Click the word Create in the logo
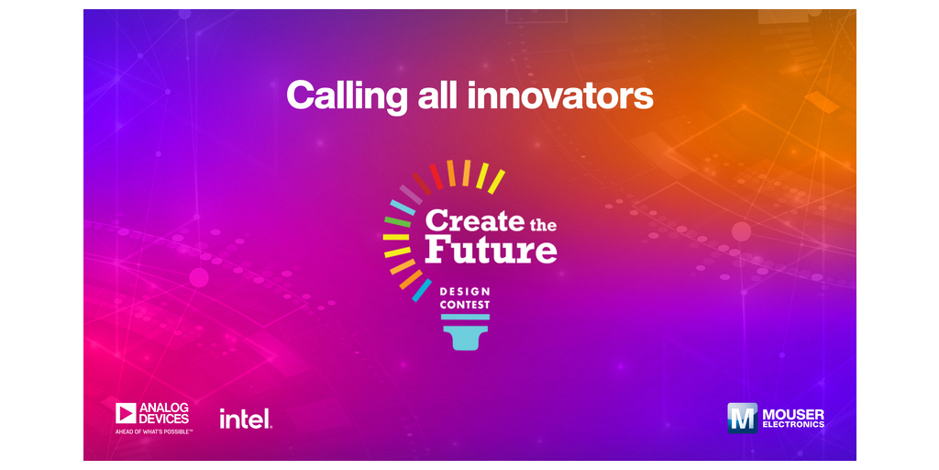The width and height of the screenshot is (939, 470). pyautogui.click(x=474, y=221)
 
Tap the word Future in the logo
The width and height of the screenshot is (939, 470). pyautogui.click(x=492, y=250)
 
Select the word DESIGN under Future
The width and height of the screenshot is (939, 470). pyautogui.click(x=465, y=292)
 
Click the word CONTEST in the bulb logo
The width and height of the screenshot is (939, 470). pyautogui.click(x=465, y=305)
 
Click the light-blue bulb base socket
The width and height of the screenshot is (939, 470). pyautogui.click(x=465, y=338)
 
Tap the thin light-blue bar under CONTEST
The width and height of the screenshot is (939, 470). pyautogui.click(x=465, y=317)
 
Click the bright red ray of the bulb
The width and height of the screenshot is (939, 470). pyautogui.click(x=436, y=177)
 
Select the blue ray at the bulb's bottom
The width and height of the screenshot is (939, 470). pyautogui.click(x=422, y=290)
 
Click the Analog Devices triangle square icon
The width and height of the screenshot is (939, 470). pyautogui.click(x=126, y=413)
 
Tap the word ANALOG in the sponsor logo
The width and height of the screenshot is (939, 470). pyautogui.click(x=164, y=408)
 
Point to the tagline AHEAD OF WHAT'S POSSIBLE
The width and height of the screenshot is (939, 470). pyautogui.click(x=154, y=431)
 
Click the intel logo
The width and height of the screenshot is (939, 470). pyautogui.click(x=246, y=419)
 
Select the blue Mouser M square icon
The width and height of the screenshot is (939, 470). pyautogui.click(x=743, y=418)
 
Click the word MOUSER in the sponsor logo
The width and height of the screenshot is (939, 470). pyautogui.click(x=793, y=414)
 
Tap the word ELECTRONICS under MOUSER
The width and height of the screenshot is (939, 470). pyautogui.click(x=793, y=425)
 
